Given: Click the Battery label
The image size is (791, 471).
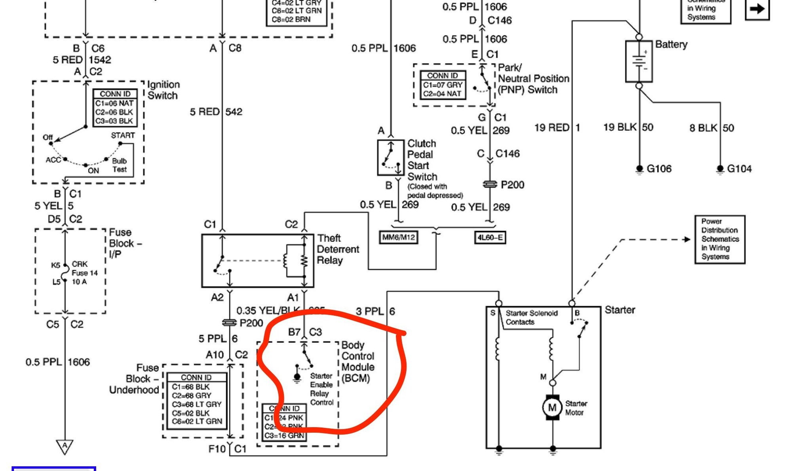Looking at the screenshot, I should pos(671,44).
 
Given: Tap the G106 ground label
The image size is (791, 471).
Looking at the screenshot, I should pos(659,169).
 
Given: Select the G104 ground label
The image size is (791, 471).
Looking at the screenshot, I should pos(739,169).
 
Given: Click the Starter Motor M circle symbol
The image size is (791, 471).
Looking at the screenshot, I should pos(552,407).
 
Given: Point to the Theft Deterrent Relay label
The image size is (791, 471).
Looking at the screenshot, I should pos(338,249).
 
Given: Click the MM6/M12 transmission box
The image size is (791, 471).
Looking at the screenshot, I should pos(398,237).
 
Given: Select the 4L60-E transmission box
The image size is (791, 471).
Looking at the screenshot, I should pos(490,237).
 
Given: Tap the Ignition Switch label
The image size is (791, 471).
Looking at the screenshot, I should pos(163,90).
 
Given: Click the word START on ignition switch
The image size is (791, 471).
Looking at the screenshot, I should pos(123,135).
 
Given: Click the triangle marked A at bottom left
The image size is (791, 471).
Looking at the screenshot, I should pos(65,446).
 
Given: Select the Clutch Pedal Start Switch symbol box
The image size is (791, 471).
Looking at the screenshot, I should pos(390,158).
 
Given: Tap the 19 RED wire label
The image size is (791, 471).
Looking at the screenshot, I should pos(551,127).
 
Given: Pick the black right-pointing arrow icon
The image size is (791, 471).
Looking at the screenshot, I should pos(757,9).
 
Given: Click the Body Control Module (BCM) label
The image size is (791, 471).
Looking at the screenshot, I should pos(357,361).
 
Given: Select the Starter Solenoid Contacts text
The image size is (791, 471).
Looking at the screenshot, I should pos(531,317).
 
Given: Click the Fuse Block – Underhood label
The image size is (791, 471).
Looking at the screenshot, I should pos(135,379).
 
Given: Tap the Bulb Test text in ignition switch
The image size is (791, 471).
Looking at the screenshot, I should pos(119,165).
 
